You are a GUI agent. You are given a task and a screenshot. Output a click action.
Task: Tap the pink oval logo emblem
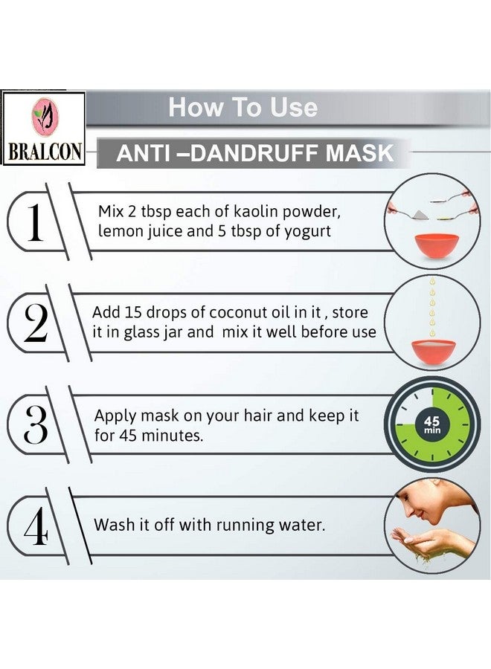[x=43, y=117]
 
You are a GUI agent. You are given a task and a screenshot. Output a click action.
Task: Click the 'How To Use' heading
[x=243, y=108]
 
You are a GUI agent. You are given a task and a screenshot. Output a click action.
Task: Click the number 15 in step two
[x=134, y=313]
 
